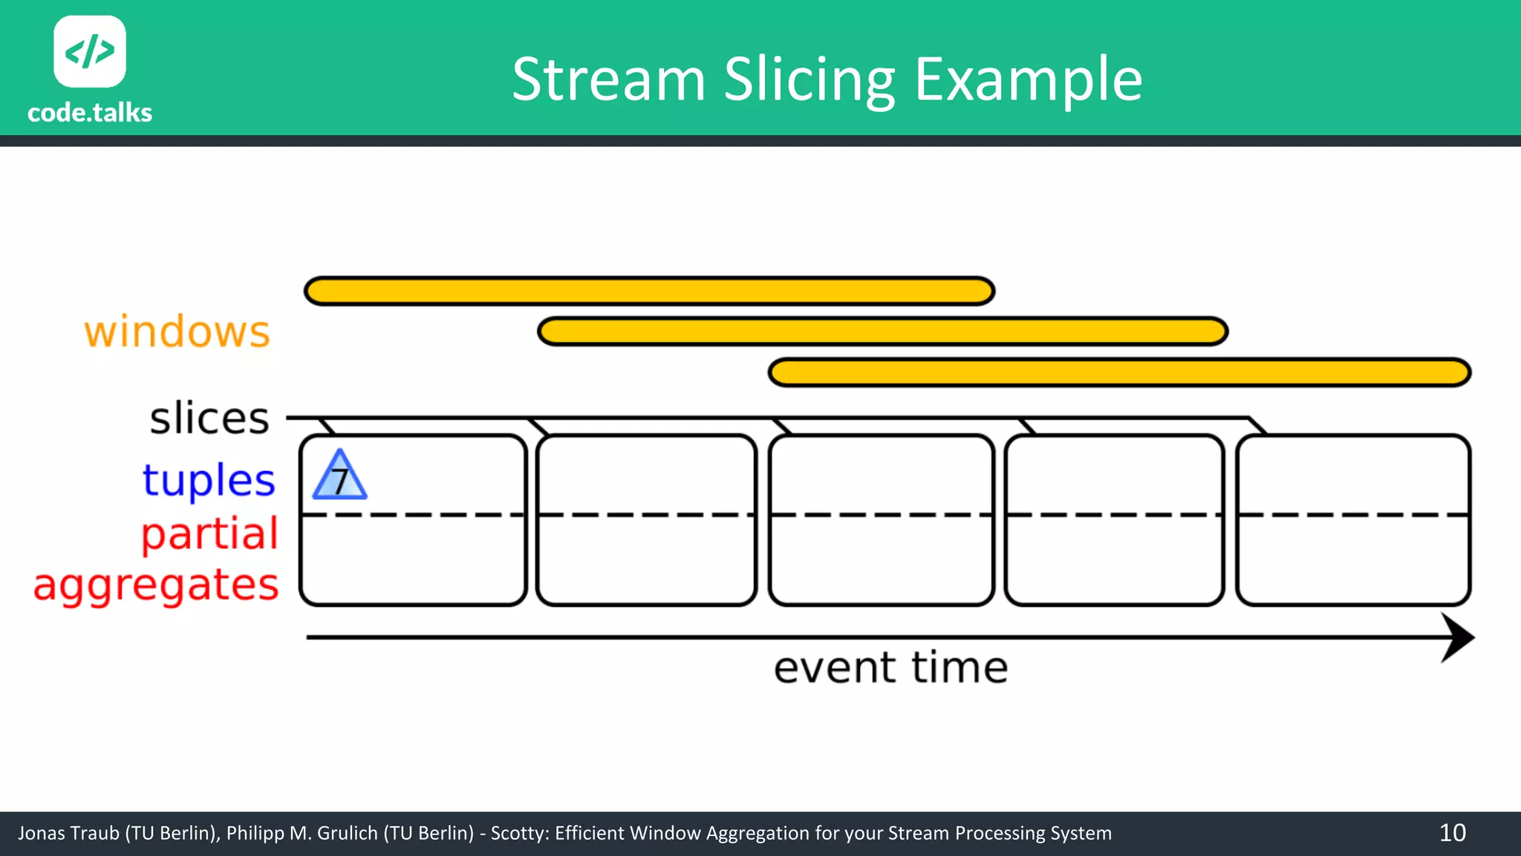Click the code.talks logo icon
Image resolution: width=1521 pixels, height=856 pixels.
click(90, 51)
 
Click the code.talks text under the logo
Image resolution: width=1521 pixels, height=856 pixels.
click(90, 113)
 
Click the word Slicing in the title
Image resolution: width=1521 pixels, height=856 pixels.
click(810, 80)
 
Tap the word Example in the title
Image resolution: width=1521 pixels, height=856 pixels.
click(1028, 80)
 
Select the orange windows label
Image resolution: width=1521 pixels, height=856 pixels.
click(177, 331)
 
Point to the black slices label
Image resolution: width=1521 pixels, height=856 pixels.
click(209, 418)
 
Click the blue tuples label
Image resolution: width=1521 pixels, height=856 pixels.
click(209, 480)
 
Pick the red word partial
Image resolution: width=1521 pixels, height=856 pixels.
click(209, 534)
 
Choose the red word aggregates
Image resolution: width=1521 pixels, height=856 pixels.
click(156, 585)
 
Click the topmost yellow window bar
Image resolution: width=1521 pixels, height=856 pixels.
click(649, 291)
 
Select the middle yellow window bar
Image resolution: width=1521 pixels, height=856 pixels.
click(882, 331)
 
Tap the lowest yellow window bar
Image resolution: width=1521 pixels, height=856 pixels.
click(1119, 372)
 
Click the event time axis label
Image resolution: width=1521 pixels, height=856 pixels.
click(890, 667)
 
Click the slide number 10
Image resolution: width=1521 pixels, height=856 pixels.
click(1452, 833)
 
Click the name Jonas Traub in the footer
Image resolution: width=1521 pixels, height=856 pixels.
click(68, 833)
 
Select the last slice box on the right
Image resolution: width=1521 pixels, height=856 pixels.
click(1353, 520)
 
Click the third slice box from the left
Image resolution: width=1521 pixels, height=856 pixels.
click(881, 520)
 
